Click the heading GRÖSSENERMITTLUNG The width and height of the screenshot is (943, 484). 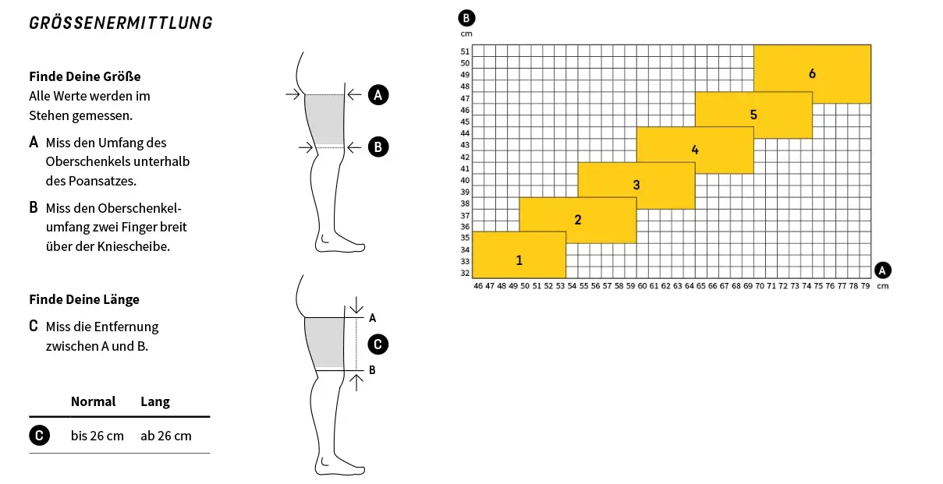121,23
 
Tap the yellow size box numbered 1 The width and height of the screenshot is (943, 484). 519,255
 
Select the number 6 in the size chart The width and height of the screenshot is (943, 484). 812,74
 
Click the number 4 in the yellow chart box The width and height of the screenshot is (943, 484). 695,150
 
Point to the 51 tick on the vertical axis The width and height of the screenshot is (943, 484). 465,51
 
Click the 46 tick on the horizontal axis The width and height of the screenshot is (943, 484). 478,286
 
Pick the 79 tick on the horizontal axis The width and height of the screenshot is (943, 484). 865,286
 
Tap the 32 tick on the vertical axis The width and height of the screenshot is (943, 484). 465,273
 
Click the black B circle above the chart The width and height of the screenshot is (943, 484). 466,18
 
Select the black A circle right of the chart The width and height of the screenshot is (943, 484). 882,270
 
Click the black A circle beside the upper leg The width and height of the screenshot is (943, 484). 378,95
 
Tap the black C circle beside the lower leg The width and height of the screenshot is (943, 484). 378,344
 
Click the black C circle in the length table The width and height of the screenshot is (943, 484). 39,436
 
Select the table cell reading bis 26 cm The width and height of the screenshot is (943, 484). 97,436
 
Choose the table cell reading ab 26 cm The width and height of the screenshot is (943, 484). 166,436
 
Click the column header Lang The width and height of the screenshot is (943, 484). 155,401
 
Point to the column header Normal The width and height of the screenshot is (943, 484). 93,401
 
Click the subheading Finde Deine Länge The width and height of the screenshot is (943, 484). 84,299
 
